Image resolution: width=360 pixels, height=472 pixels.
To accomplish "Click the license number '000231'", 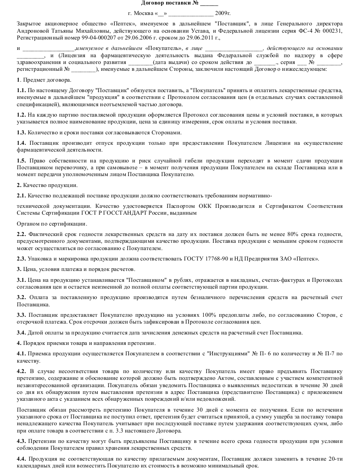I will pos(333,30).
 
